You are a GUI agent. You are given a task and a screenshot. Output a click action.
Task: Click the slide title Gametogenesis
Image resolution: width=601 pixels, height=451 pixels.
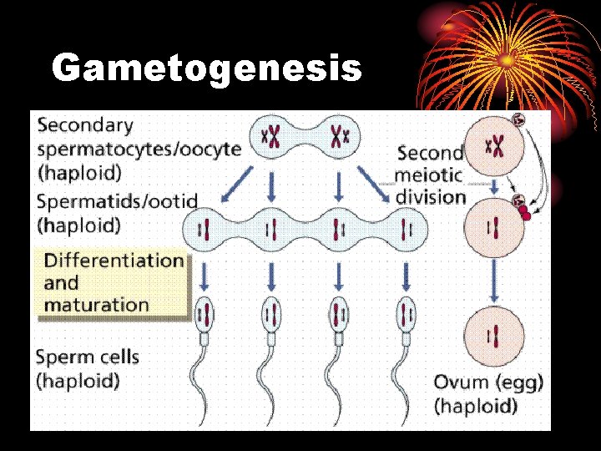pos(206,68)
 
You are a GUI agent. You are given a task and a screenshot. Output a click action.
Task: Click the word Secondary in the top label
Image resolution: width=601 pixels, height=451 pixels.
pos(85,125)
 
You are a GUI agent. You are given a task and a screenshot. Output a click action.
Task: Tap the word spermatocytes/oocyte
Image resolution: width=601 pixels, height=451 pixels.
pos(139,149)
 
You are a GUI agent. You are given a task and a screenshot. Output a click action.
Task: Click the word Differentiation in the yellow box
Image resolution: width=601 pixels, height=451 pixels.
pos(114,260)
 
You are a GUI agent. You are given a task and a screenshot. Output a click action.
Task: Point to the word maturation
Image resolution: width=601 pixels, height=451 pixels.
pos(96,304)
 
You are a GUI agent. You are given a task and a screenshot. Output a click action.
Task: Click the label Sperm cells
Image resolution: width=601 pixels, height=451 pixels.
pos(87,357)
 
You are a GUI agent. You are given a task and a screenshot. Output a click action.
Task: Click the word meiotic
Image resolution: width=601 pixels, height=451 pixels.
pos(429,176)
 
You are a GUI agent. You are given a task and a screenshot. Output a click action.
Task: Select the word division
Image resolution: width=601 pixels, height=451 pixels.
pos(430,198)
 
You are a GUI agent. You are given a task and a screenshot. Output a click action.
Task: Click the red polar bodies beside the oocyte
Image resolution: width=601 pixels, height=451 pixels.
pos(523,212)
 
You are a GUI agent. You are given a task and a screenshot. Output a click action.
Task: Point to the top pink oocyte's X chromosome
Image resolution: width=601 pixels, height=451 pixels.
pos(495,148)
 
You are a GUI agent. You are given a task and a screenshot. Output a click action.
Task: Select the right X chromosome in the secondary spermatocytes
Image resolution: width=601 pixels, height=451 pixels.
pos(339,136)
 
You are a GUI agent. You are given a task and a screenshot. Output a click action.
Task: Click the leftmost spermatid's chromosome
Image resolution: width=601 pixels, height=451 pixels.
pos(203,227)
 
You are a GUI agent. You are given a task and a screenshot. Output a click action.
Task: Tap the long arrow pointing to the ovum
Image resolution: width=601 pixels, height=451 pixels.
pos(495,280)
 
